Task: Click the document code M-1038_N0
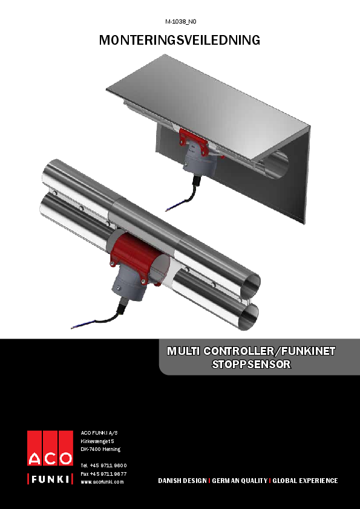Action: coord(180,22)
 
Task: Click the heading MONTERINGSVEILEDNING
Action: coord(180,41)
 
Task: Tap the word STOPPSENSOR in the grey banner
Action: coord(251,365)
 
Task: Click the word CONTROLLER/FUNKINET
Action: coord(270,351)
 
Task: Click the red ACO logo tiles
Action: coord(50,448)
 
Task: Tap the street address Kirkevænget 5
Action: coord(98,441)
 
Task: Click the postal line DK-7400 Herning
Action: coord(100,450)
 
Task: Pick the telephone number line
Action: coord(103,465)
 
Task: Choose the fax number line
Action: coord(103,473)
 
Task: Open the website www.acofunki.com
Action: coord(102,482)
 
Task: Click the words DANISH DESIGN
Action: coord(182,481)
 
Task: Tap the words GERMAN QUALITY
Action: coord(240,481)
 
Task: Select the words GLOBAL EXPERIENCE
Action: coord(305,481)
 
